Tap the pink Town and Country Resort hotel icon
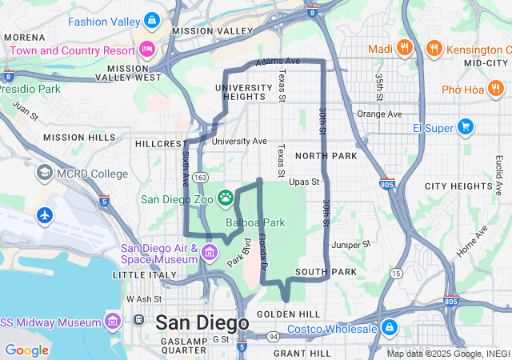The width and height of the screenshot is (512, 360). (146, 50)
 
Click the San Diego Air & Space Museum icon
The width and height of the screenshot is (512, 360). (210, 254)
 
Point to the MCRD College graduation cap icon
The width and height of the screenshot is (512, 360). (44, 174)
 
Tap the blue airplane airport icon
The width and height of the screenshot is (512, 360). (44, 216)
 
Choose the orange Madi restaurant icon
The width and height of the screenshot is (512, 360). (405, 49)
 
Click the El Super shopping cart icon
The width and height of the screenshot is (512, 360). (465, 127)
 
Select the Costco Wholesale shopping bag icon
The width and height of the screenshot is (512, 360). (390, 328)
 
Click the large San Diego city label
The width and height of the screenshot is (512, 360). (202, 322)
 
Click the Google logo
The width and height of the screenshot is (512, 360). (26, 350)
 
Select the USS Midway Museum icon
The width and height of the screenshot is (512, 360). (113, 322)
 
